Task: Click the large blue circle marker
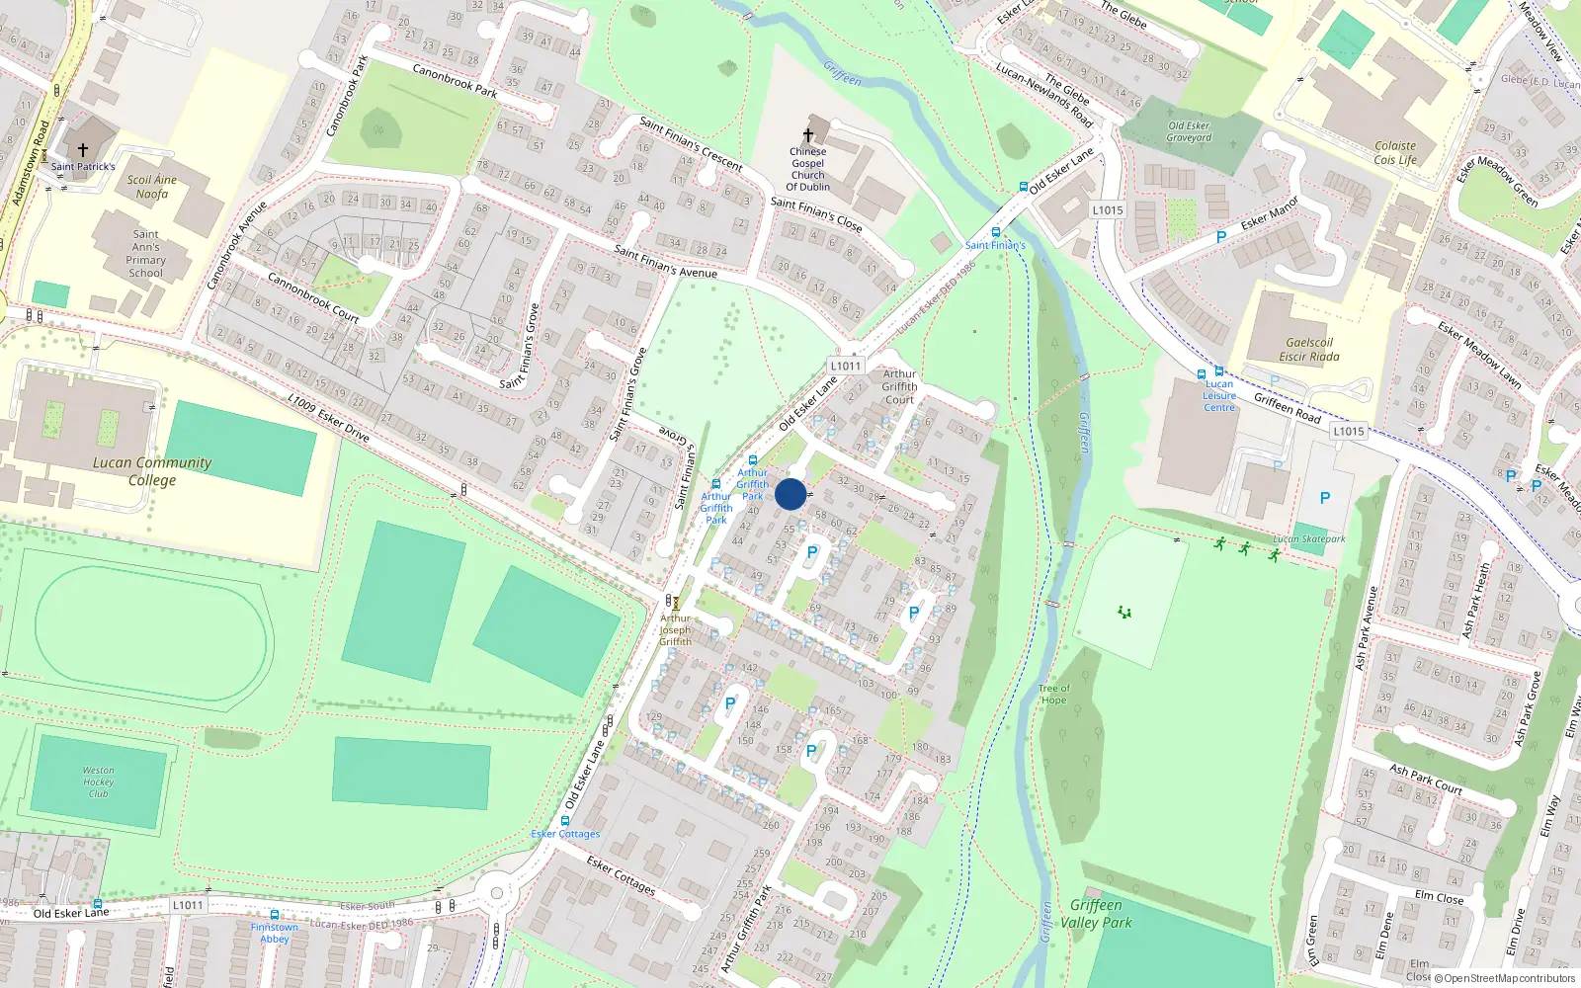point(790,494)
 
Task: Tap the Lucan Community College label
point(152,471)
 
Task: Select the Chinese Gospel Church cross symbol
point(808,135)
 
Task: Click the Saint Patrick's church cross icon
point(83,150)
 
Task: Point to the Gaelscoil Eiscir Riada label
point(1309,350)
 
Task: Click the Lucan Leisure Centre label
point(1219,395)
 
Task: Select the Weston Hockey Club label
point(98,782)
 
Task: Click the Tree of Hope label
point(1053,694)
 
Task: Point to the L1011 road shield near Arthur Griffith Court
point(845,366)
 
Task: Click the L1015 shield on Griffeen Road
point(1348,431)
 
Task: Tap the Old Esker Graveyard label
point(1189,131)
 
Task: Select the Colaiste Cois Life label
point(1395,153)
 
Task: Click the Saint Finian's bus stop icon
point(995,233)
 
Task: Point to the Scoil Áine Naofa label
point(152,187)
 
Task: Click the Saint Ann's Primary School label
point(146,254)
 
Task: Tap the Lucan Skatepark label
point(1309,539)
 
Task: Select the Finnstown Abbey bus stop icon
point(274,915)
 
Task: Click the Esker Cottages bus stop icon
point(565,821)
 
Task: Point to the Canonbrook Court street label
point(314,298)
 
